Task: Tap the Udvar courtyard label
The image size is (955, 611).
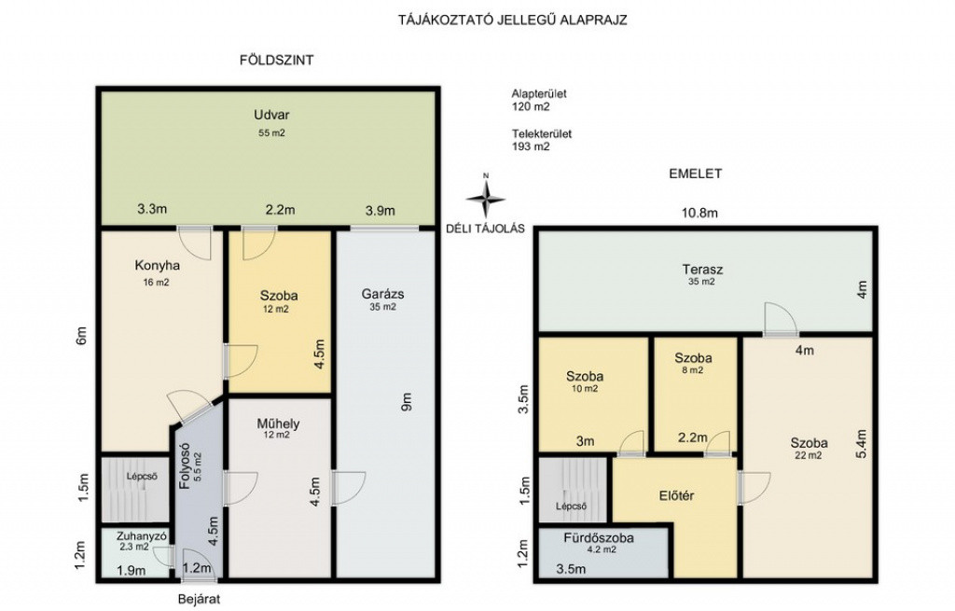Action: point(271,115)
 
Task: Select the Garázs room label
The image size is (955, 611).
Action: point(382,294)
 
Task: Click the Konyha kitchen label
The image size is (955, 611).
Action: point(157,266)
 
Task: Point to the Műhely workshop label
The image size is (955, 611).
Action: point(278,424)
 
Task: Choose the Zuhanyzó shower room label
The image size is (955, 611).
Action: point(142,536)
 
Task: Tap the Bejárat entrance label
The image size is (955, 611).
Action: point(200,599)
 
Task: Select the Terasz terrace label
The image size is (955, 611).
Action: point(702,270)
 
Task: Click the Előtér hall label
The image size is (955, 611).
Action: point(677,496)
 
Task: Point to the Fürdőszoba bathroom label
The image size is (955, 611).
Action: point(599,538)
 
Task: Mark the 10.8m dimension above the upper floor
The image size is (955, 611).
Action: point(699,214)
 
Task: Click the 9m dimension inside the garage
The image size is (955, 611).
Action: point(407,401)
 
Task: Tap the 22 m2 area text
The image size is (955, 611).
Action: point(809,455)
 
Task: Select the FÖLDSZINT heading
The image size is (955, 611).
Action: point(276,60)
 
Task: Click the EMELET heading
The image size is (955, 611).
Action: point(696,174)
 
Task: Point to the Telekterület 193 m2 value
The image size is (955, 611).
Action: point(531,146)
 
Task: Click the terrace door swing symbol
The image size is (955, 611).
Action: point(781,319)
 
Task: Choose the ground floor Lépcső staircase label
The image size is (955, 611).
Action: point(142,477)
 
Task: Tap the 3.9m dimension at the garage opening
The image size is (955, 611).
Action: point(381,211)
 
